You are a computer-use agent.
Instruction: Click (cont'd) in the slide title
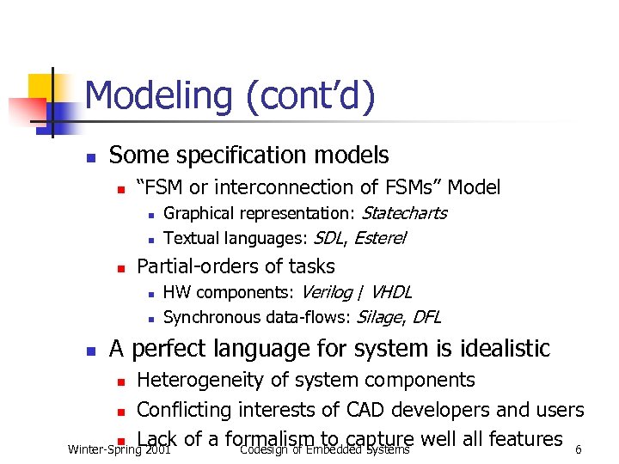310,96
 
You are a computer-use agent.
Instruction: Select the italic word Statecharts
405,213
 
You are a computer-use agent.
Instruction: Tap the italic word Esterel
380,238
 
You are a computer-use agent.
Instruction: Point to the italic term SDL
329,238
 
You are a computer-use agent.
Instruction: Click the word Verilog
327,292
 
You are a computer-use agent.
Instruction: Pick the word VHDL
390,292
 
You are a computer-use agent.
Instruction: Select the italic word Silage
378,317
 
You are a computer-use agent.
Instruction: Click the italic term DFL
426,317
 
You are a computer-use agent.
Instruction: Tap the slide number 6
579,449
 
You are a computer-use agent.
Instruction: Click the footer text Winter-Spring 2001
119,449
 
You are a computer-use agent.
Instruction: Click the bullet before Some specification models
89,158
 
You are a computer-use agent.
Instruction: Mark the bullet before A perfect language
89,351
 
